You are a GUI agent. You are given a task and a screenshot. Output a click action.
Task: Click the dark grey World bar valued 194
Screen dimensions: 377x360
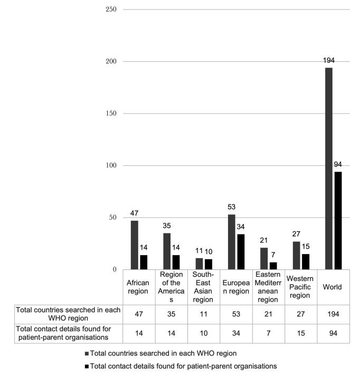click(x=329, y=168)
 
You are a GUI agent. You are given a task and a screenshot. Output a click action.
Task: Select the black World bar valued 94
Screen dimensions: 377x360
click(x=338, y=220)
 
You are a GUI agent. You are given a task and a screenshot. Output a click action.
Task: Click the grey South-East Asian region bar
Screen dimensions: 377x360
click(x=200, y=263)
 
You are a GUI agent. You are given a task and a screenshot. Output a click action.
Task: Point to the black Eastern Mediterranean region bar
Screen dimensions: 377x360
click(x=273, y=266)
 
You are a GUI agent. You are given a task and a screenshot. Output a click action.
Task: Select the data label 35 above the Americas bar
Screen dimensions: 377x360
click(x=167, y=224)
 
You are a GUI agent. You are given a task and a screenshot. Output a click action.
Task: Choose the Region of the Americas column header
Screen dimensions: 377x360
click(x=171, y=287)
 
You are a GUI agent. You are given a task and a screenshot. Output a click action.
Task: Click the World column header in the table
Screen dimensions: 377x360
click(x=333, y=287)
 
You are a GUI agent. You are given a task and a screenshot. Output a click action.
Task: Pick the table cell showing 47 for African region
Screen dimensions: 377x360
click(x=138, y=314)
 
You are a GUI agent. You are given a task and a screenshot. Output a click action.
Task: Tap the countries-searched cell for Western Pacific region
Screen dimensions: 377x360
click(x=300, y=314)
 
